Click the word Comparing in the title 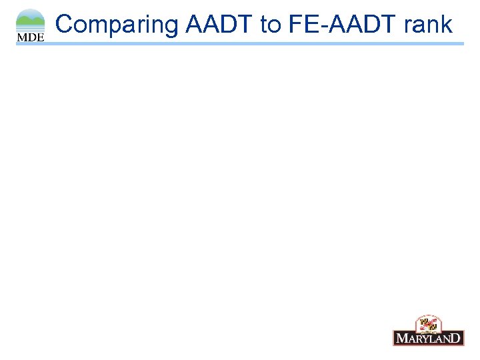pyautogui.click(x=117, y=25)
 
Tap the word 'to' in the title pyautogui.click(x=271, y=25)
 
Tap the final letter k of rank pyautogui.click(x=447, y=25)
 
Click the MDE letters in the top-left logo pyautogui.click(x=30, y=38)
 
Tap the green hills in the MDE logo pyautogui.click(x=30, y=23)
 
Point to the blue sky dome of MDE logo pyautogui.click(x=30, y=14)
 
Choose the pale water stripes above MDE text pyautogui.click(x=30, y=30)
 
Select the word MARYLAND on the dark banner pyautogui.click(x=428, y=338)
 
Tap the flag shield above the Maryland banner pyautogui.click(x=427, y=325)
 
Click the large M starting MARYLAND pyautogui.click(x=401, y=338)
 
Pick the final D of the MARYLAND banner pyautogui.click(x=457, y=338)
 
